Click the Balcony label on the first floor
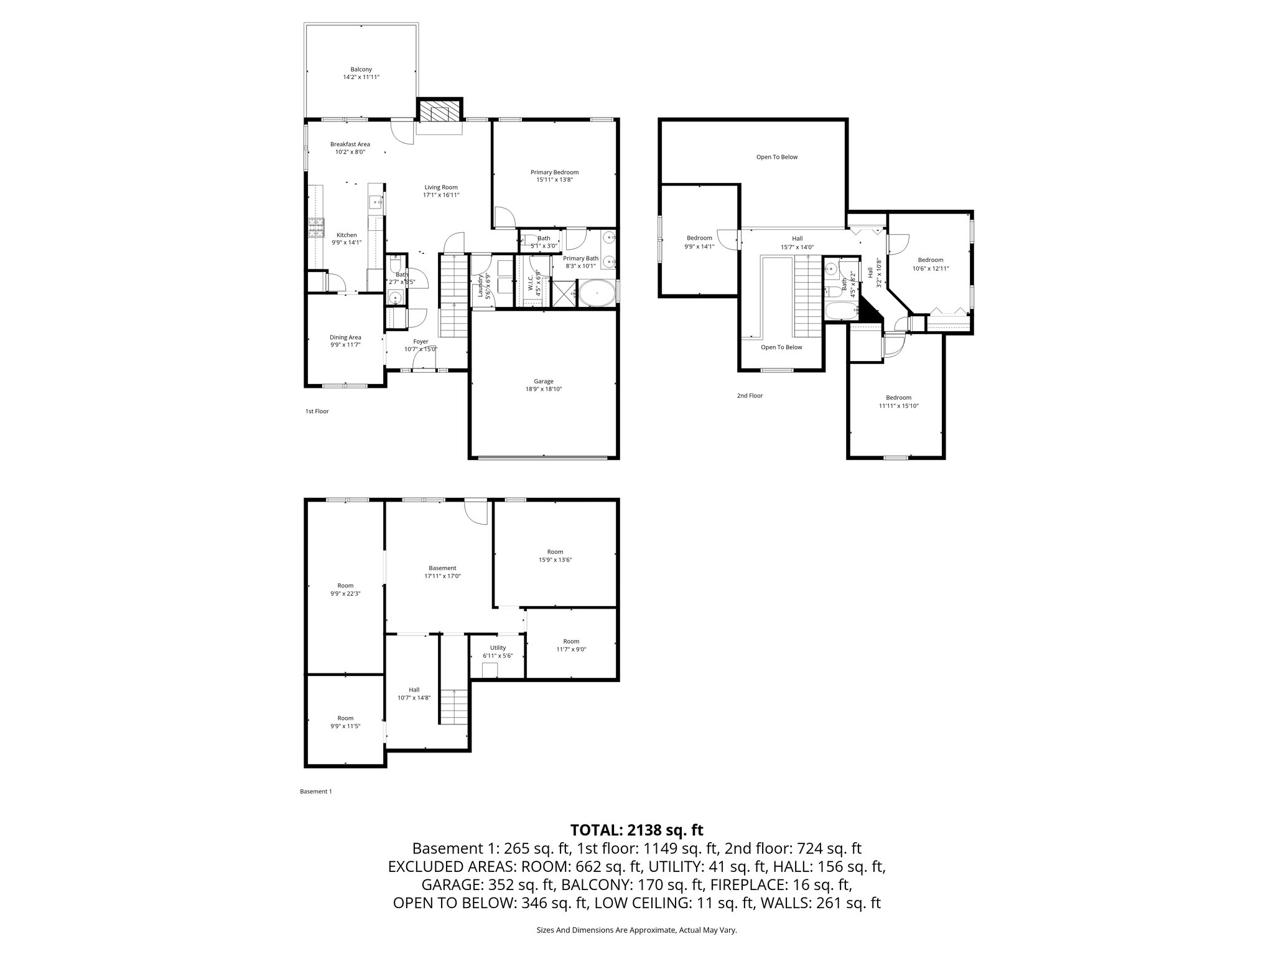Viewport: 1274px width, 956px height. pyautogui.click(x=361, y=69)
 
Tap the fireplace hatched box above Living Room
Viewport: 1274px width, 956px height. pyautogui.click(x=440, y=112)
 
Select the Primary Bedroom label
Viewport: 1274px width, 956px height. pyautogui.click(x=554, y=172)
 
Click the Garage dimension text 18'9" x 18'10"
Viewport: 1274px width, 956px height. pyautogui.click(x=543, y=389)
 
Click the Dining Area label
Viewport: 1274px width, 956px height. pyautogui.click(x=345, y=337)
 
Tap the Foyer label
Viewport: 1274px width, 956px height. pyautogui.click(x=421, y=341)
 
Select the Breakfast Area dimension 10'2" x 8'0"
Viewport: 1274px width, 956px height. pyautogui.click(x=350, y=152)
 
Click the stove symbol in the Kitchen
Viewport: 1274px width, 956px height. pyautogui.click(x=316, y=228)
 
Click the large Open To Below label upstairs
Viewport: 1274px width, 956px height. pyautogui.click(x=776, y=157)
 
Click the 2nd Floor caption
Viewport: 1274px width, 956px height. pyautogui.click(x=750, y=396)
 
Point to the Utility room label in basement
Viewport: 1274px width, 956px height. pyautogui.click(x=498, y=648)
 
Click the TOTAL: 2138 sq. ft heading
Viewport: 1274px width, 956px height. pyautogui.click(x=636, y=830)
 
